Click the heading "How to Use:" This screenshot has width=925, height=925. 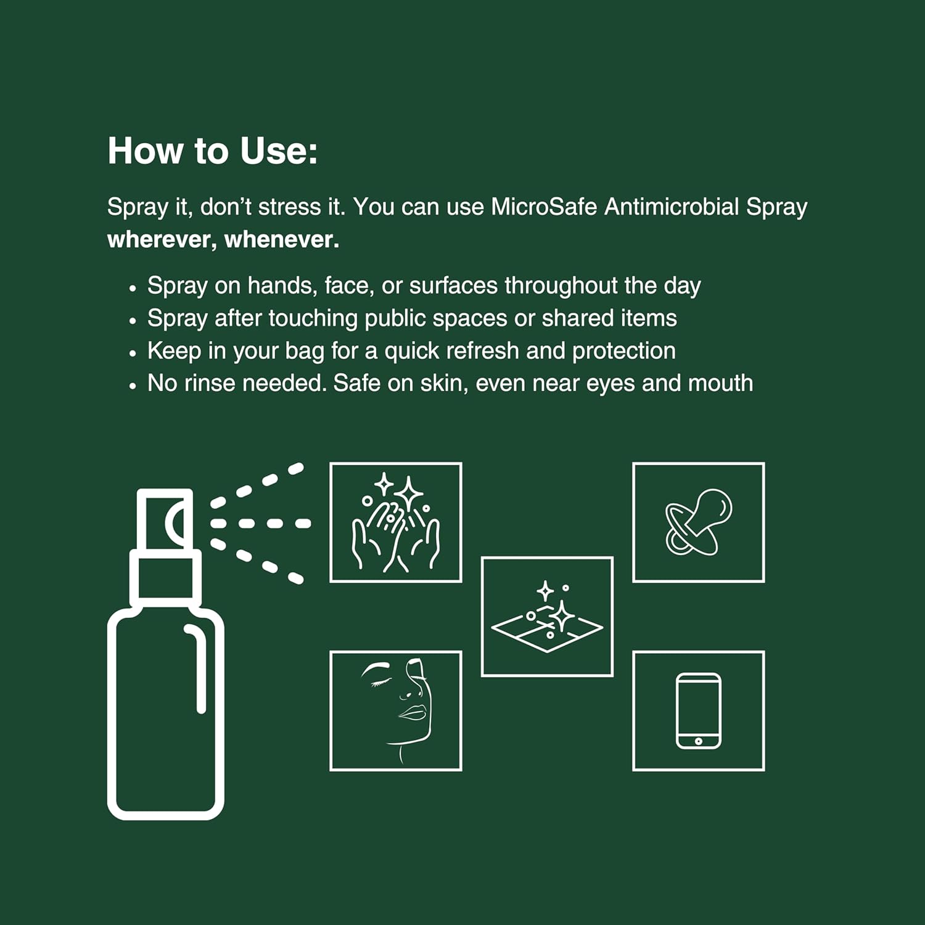coord(213,151)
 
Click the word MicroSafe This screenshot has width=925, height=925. coord(544,207)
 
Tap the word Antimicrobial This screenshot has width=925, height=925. coord(671,207)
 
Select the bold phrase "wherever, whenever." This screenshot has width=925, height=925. coord(223,240)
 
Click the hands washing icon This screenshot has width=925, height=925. coord(395,522)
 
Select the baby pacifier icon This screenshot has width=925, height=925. coord(698,522)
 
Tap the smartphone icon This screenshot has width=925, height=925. coord(698,710)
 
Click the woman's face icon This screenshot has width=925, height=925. coord(395,710)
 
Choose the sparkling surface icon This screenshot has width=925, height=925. coord(547,617)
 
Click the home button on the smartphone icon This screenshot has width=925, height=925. coord(698,741)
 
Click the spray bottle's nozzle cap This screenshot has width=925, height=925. coord(165,519)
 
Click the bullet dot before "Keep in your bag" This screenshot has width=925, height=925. coord(132,353)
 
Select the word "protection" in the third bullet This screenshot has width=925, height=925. coord(623,351)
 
